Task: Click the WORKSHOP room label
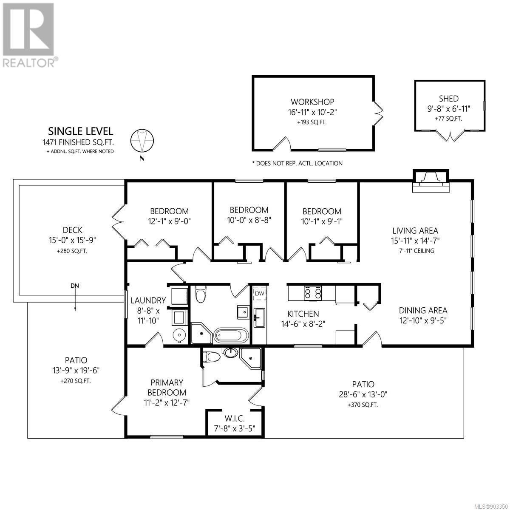tap(312, 102)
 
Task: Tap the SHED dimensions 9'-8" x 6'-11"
tap(449, 109)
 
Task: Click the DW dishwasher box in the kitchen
tap(260, 294)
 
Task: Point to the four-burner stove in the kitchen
tap(313, 293)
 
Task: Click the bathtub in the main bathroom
tap(231, 336)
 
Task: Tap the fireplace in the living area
tap(431, 181)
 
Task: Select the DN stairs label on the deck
tap(75, 286)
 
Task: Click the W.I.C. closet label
tap(235, 419)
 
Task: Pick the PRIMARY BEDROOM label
tap(167, 388)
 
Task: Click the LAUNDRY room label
tap(148, 300)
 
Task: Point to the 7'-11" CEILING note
tap(417, 251)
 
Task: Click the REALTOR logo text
tap(29, 63)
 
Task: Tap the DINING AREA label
tap(423, 310)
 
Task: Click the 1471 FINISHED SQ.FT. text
tap(78, 142)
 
